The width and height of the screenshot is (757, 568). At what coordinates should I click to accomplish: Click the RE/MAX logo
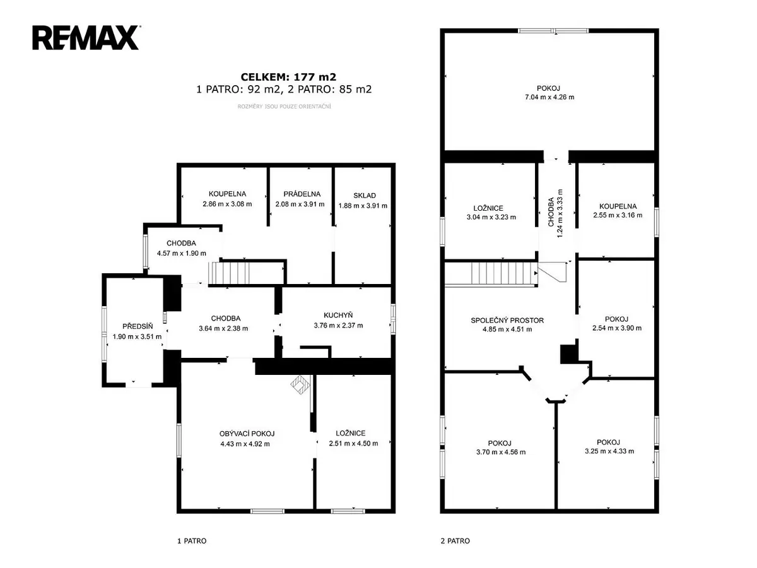tap(86, 38)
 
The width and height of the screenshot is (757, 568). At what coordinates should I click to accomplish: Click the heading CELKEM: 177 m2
tap(288, 77)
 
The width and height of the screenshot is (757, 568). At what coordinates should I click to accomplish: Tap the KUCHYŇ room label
tap(338, 315)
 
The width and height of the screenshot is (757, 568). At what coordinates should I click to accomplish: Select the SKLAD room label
tap(364, 196)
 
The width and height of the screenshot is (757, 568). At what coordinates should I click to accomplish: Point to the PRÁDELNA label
tap(302, 194)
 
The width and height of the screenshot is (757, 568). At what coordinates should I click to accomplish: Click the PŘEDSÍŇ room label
tap(138, 326)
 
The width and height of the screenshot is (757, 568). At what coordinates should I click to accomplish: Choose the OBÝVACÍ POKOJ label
tap(247, 434)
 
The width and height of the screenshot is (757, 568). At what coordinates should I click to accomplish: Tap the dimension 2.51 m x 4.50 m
tap(353, 444)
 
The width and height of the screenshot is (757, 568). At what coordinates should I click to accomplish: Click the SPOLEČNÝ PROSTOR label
tap(507, 321)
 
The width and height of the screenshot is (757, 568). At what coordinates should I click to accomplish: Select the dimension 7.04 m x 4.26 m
tap(549, 97)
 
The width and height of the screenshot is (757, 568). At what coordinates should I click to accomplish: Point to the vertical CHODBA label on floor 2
tap(551, 212)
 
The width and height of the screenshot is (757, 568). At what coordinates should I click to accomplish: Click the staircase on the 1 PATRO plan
tap(229, 273)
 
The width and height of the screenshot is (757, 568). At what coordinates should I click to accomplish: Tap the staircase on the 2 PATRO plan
tap(491, 273)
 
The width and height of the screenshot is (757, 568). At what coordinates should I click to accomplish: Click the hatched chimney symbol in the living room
tap(300, 384)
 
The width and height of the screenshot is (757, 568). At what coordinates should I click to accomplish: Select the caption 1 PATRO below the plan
tap(192, 541)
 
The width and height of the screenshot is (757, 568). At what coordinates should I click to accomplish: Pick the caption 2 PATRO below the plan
tap(455, 541)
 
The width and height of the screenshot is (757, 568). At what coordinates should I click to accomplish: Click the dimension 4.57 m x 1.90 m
tap(182, 254)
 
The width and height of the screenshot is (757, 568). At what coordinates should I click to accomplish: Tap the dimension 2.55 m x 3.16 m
tap(618, 215)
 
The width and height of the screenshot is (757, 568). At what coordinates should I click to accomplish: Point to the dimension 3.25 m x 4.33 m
tap(609, 451)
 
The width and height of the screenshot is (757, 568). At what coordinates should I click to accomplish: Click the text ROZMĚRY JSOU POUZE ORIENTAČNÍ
tap(284, 107)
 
